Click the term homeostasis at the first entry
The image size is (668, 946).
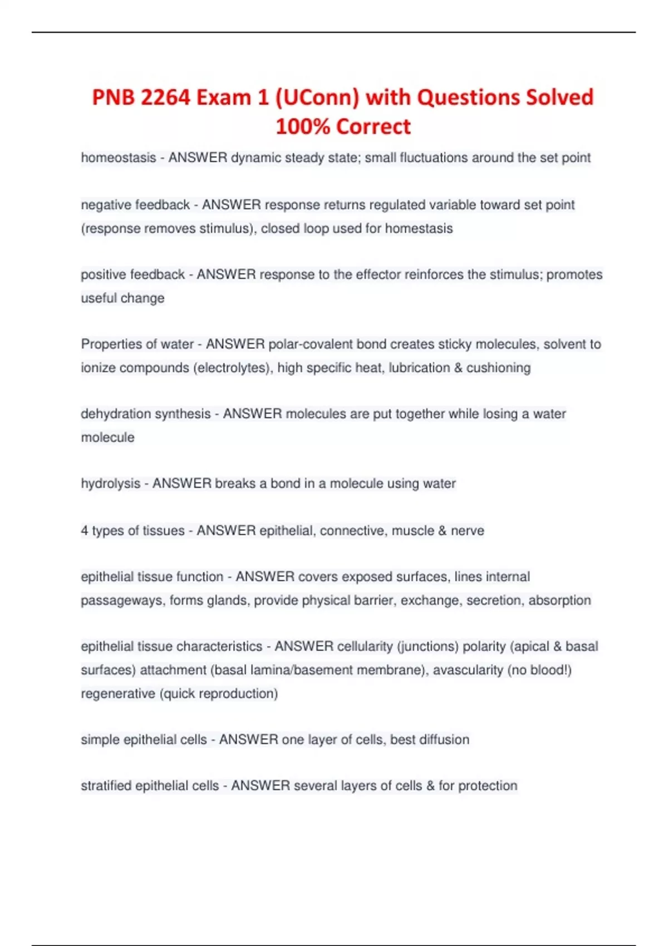118,158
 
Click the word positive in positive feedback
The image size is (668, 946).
104,274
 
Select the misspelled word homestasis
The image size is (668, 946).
419,229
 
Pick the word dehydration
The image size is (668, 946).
114,414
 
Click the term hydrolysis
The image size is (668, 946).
110,484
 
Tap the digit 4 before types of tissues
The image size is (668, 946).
85,531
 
